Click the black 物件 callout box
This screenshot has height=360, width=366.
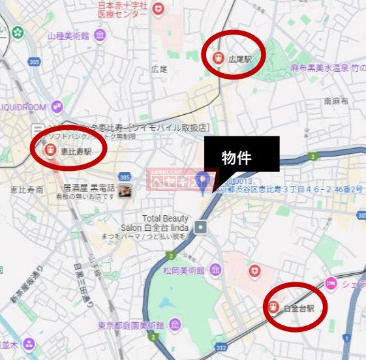click(x=241, y=156)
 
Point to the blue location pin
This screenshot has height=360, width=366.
click(x=204, y=181)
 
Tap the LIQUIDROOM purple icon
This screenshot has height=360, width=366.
click(x=57, y=106)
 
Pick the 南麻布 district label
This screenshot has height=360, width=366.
click(x=336, y=102)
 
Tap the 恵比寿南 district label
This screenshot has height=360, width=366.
click(x=27, y=190)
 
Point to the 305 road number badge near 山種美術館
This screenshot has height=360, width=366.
click(x=34, y=62)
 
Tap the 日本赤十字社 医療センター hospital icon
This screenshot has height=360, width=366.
click(x=159, y=8)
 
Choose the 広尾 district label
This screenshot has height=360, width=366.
click(x=159, y=68)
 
